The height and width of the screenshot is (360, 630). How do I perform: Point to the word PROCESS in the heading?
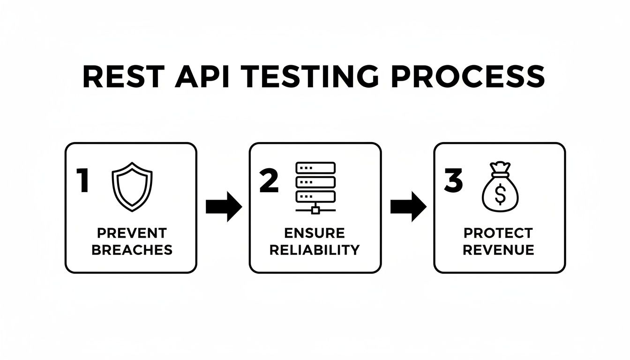(x=468, y=77)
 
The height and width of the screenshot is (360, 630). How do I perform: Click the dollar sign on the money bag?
(x=500, y=196)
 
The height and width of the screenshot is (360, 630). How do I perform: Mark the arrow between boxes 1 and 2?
(x=224, y=206)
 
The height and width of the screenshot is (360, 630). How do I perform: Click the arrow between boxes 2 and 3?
(x=408, y=206)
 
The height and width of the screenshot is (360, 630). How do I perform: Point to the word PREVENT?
(x=132, y=233)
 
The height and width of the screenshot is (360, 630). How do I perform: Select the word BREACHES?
(x=132, y=250)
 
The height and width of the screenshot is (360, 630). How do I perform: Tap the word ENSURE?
(x=315, y=233)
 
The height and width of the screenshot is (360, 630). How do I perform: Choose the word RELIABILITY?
(x=315, y=250)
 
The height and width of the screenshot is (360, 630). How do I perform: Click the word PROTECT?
(x=498, y=233)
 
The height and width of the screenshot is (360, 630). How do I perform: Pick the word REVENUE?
(x=498, y=250)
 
